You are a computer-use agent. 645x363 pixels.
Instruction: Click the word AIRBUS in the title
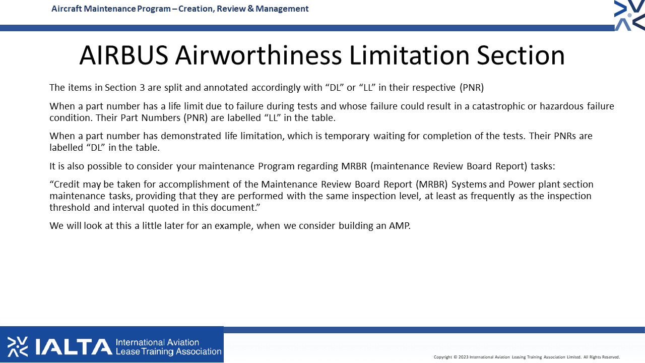click(x=124, y=55)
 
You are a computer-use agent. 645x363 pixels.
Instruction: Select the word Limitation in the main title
click(x=409, y=55)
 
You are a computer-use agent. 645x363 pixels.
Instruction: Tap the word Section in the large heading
click(x=521, y=55)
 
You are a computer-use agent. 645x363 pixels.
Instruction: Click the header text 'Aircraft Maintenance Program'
click(x=111, y=9)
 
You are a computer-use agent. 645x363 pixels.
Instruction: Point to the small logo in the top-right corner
click(x=629, y=15)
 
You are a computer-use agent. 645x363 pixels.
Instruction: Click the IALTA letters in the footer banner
click(x=74, y=347)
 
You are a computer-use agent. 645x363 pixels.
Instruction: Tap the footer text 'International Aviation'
click(x=157, y=342)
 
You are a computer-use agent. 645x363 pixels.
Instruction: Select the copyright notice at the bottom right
click(x=527, y=357)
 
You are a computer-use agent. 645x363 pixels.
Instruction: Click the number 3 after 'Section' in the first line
click(x=142, y=87)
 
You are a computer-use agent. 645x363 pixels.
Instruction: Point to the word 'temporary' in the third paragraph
click(x=347, y=136)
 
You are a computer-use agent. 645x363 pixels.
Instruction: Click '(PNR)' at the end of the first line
click(x=472, y=87)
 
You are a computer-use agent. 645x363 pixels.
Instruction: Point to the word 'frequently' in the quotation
click(x=493, y=196)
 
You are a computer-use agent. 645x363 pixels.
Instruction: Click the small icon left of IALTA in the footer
click(x=18, y=346)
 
